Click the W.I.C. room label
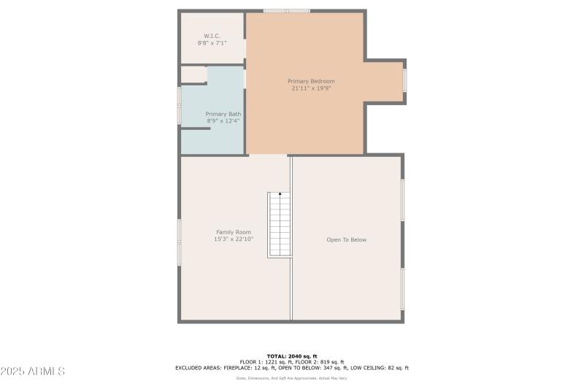coord(212,36)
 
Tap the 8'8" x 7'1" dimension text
coord(212,43)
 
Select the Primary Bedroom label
coord(311,81)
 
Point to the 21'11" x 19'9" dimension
coord(311,88)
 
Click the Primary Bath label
coord(223,114)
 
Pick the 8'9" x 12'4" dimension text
coord(223,121)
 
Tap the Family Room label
coord(233,232)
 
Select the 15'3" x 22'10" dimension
coord(233,239)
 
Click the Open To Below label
coord(346,239)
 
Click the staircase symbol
coord(280,225)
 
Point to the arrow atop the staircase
coord(280,194)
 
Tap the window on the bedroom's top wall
coord(286,11)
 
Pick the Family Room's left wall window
coord(180,242)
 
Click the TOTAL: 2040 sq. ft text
coord(292,355)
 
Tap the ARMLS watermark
coord(33,371)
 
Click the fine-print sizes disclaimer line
coord(292,378)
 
